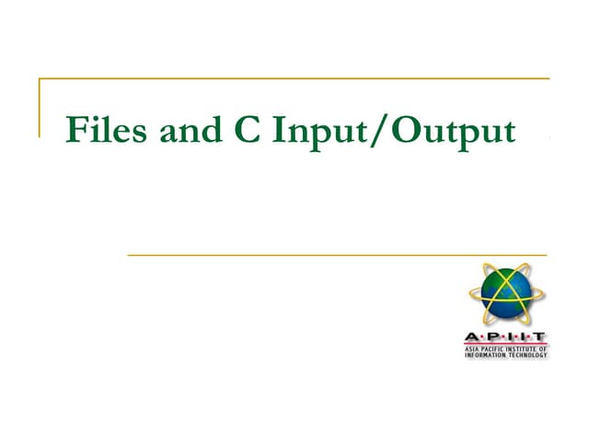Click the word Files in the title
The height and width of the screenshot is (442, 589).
pyautogui.click(x=106, y=131)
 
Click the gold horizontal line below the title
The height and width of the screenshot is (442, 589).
pyautogui.click(x=337, y=255)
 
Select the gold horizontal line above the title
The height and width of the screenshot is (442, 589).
pyautogui.click(x=294, y=79)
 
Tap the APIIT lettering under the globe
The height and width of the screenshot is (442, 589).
pyautogui.click(x=505, y=336)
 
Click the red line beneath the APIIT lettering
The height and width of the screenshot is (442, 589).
pyautogui.click(x=505, y=343)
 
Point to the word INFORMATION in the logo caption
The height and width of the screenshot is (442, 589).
pyautogui.click(x=484, y=355)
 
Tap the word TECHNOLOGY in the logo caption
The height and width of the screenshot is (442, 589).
pyautogui.click(x=527, y=355)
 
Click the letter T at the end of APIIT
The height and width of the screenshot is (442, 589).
pyautogui.click(x=540, y=336)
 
